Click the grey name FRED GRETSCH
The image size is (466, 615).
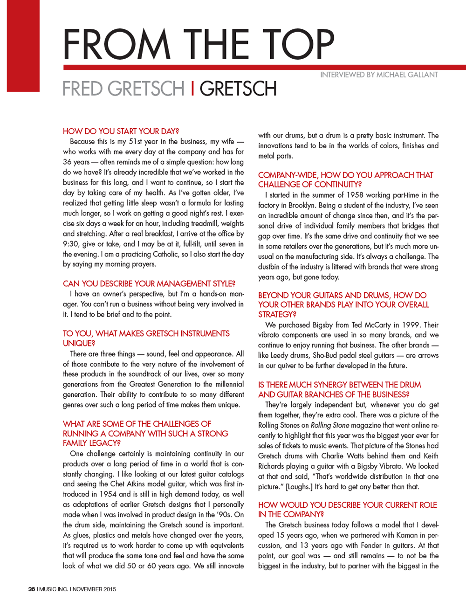point(123,89)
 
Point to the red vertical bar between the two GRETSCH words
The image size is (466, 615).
point(192,88)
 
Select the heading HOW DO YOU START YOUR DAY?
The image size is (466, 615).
point(121,131)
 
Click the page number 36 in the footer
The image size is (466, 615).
point(31,589)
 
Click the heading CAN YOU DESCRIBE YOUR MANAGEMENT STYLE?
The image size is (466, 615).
point(149,283)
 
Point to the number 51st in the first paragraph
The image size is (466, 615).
point(137,141)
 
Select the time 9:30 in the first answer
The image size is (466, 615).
point(71,244)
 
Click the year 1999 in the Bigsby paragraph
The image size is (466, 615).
point(411,325)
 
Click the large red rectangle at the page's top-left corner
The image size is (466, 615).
point(23,46)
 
